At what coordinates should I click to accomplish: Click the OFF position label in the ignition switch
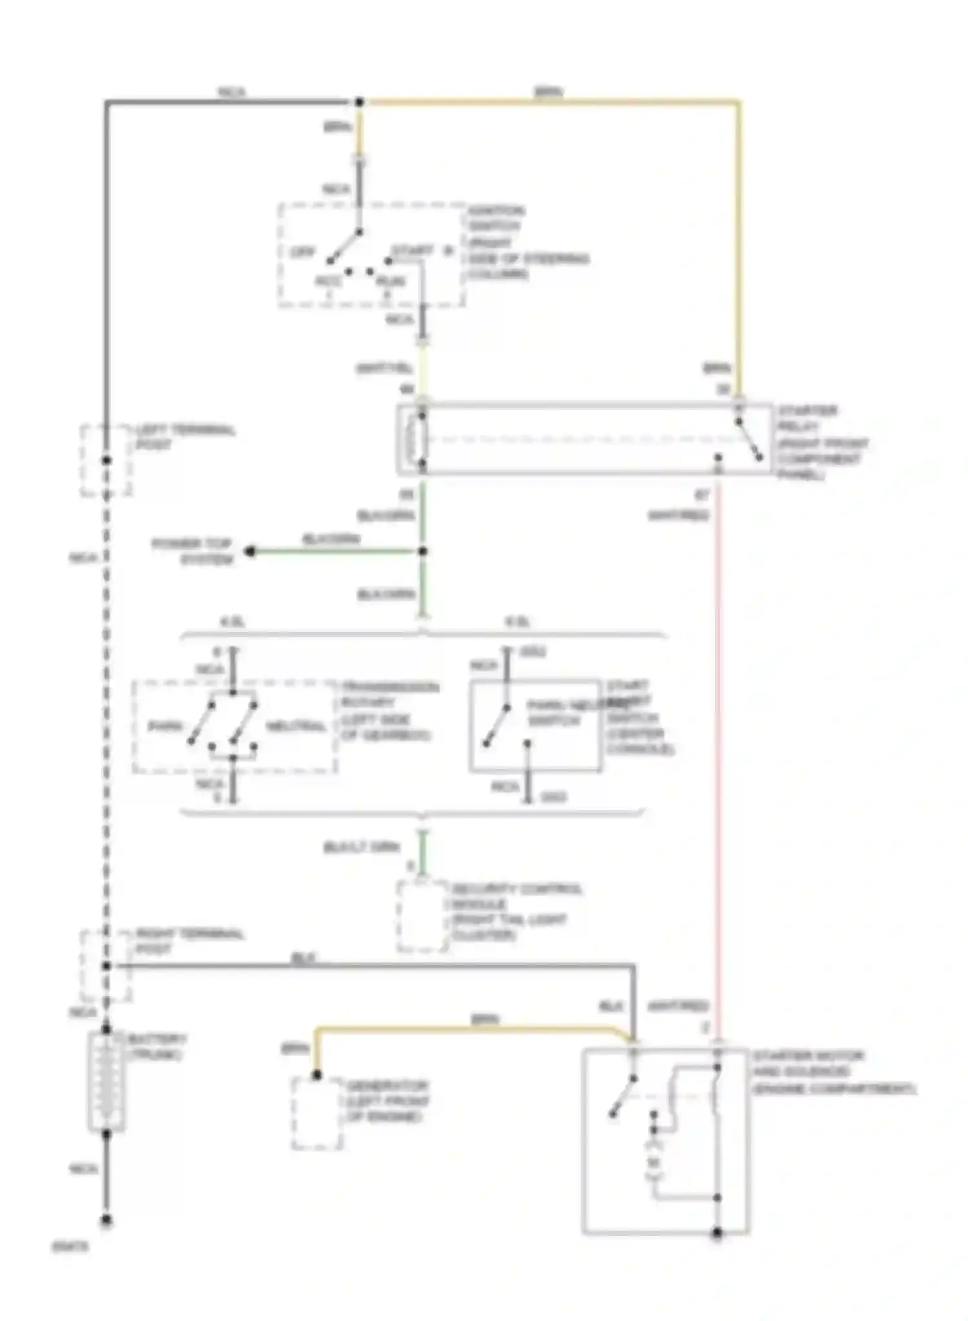click(301, 253)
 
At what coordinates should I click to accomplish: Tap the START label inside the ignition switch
click(413, 250)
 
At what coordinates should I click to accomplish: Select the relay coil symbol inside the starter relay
click(413, 439)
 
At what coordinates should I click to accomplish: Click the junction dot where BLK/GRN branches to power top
click(423, 551)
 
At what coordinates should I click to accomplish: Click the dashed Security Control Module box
click(422, 916)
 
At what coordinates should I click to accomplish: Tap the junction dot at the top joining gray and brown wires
click(359, 102)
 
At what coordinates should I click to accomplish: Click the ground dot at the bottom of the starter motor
click(717, 1233)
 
